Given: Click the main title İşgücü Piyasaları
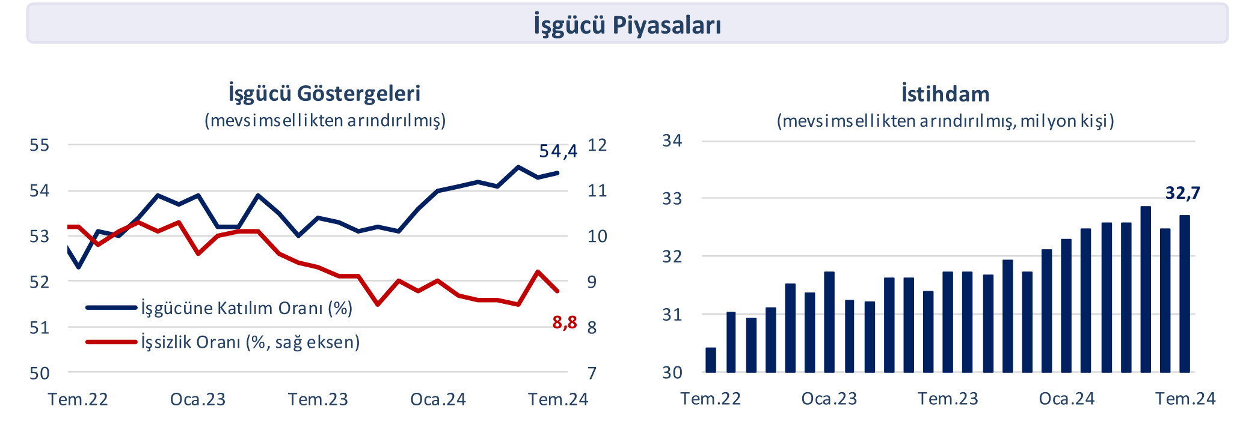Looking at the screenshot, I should (x=627, y=25).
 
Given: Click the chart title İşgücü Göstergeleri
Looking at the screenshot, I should (x=324, y=94).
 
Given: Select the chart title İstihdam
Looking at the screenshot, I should (x=945, y=94).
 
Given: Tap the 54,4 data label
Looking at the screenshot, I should (x=558, y=151).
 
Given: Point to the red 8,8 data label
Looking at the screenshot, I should (x=564, y=323).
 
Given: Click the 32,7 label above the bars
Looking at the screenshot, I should (x=1182, y=193).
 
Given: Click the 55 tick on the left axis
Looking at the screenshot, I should (x=39, y=145).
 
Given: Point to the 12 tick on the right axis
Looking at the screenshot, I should (x=597, y=145).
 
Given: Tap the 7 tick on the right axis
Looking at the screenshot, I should (x=592, y=374).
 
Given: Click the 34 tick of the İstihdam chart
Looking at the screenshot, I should (x=672, y=141).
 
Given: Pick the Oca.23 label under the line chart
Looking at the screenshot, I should (x=198, y=399).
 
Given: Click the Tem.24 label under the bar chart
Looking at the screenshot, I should (x=1185, y=399).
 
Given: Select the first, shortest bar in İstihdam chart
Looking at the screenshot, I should (x=711, y=360).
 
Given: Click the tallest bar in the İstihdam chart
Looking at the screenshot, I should (x=1146, y=289).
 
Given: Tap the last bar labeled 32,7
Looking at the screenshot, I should (x=1185, y=294).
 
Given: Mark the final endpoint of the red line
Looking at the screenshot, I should (x=558, y=291).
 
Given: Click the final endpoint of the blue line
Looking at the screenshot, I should (x=558, y=173).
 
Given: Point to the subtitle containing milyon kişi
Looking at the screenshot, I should (x=945, y=121).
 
